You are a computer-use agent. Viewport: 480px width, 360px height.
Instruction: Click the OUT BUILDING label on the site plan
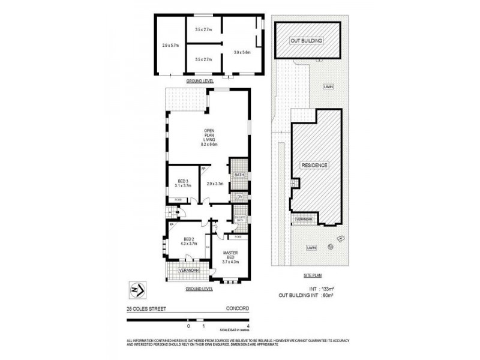tap(307, 40)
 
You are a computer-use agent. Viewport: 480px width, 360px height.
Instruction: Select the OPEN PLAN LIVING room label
tap(209, 137)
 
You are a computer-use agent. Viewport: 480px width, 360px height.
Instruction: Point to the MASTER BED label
tap(231, 259)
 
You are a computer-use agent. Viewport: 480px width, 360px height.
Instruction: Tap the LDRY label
tap(238, 196)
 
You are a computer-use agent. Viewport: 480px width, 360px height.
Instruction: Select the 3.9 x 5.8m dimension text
tap(242, 52)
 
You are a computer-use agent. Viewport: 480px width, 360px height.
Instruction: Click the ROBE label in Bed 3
tap(178, 199)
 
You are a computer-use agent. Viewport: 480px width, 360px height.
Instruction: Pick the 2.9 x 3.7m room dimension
tap(215, 184)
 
